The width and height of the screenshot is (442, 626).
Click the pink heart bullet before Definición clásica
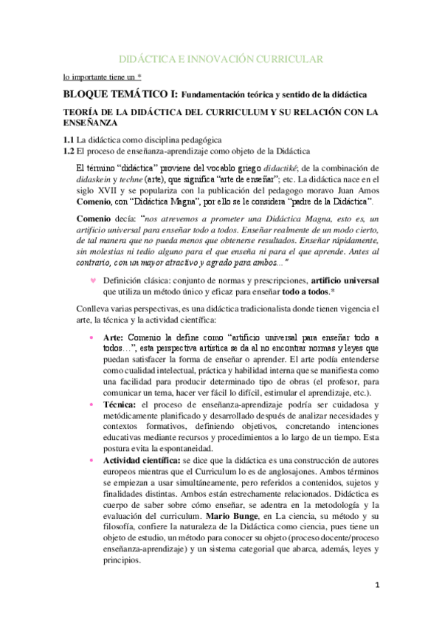92,281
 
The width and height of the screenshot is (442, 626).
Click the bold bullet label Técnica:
121,405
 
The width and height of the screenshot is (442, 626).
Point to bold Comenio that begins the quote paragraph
96,218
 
